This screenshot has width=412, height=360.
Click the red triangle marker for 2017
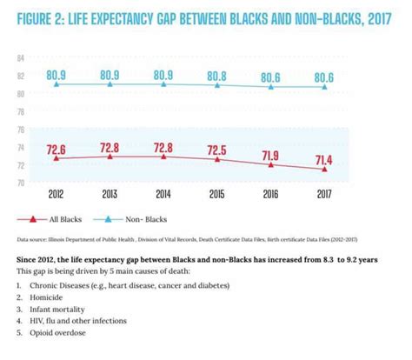324,170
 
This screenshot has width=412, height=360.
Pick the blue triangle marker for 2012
57,84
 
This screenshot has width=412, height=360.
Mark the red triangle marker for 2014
163,157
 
